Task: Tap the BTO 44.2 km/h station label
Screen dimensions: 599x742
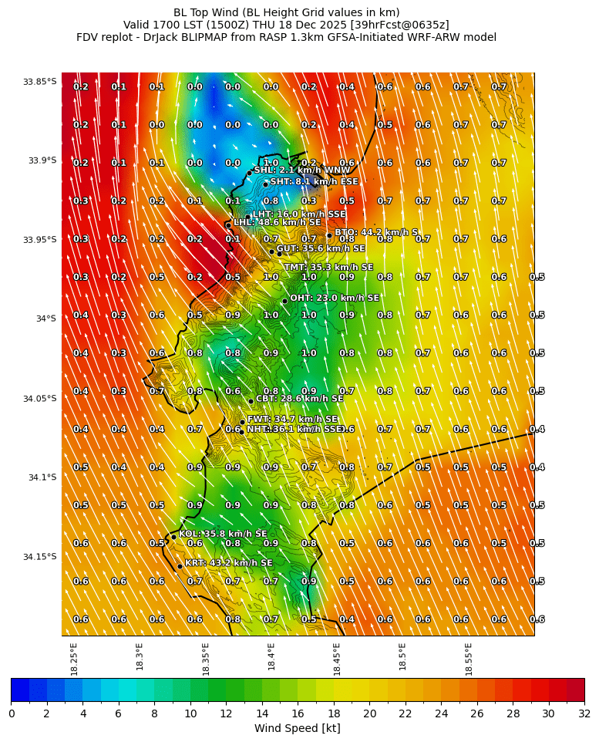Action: (375, 232)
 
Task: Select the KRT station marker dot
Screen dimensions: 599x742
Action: (180, 566)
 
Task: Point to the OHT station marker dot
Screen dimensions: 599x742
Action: (284, 301)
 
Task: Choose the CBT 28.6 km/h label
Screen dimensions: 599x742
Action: (299, 399)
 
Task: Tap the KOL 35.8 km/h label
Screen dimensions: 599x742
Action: (223, 534)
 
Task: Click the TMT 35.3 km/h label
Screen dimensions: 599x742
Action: (328, 268)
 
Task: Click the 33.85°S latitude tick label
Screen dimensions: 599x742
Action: (39, 82)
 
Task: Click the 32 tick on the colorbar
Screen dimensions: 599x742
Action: (584, 713)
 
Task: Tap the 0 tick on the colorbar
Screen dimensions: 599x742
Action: (12, 713)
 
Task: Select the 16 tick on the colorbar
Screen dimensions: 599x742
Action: (298, 713)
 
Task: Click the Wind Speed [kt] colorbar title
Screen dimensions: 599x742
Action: (298, 728)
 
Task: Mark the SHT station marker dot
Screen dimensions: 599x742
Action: (265, 184)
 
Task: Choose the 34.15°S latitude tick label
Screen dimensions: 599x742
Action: (39, 557)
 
